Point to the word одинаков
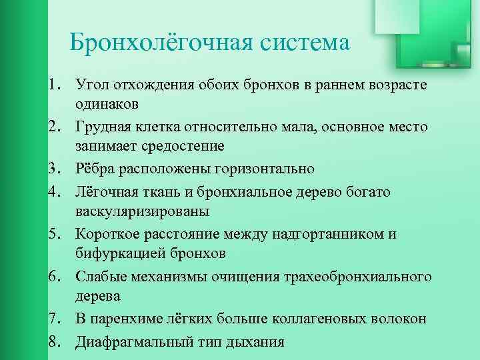coord(107,103)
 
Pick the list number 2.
coord(55,126)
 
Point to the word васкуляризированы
coord(142,211)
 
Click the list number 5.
coord(55,234)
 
